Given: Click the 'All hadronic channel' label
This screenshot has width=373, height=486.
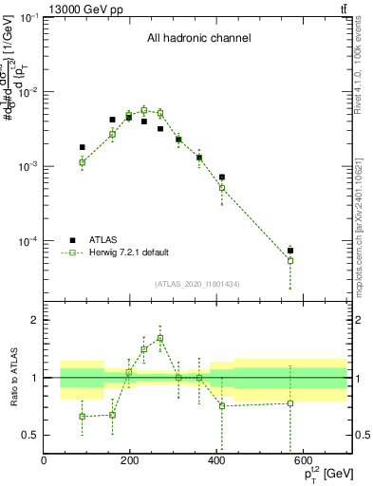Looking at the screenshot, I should pos(198,39).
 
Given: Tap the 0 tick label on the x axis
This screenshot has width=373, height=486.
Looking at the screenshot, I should pos(44,461).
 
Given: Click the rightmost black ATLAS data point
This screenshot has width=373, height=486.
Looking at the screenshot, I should pos(290,251).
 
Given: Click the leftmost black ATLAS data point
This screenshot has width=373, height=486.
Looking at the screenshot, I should pos(83,147).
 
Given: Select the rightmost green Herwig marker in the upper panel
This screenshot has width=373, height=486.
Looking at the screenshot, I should pos(290,260).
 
